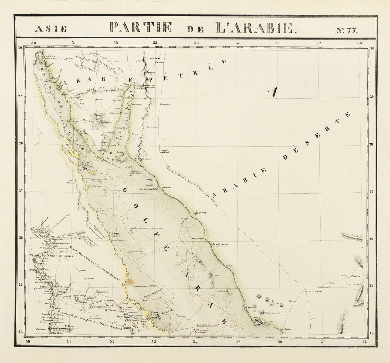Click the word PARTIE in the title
[141, 27]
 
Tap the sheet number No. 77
[347, 30]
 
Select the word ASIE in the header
[50, 29]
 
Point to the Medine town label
[356, 277]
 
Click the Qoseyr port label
[116, 234]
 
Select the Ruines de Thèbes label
[60, 256]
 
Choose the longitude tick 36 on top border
[277, 43]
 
